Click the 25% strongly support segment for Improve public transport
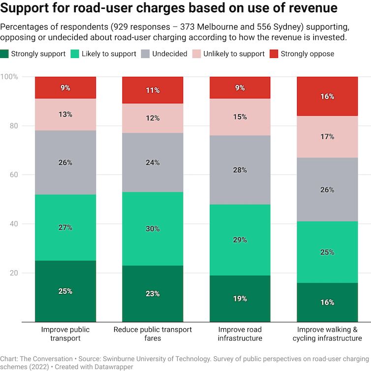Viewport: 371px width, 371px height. click(65, 291)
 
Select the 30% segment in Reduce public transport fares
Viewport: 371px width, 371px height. click(153, 229)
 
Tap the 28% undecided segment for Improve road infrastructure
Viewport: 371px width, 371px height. click(240, 170)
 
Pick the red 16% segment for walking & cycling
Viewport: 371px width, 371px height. click(327, 96)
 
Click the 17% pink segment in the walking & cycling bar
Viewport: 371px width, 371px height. click(327, 137)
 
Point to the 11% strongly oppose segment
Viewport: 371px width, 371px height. click(153, 90)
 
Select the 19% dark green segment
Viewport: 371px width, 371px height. click(240, 299)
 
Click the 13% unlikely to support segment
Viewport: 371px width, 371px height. click(65, 115)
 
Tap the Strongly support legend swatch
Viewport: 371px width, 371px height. click(4, 54)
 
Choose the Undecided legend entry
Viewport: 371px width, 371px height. click(170, 54)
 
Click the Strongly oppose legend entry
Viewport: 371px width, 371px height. click(311, 54)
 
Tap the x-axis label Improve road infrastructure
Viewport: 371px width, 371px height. click(240, 334)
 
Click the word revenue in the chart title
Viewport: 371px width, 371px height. click(313, 8)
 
